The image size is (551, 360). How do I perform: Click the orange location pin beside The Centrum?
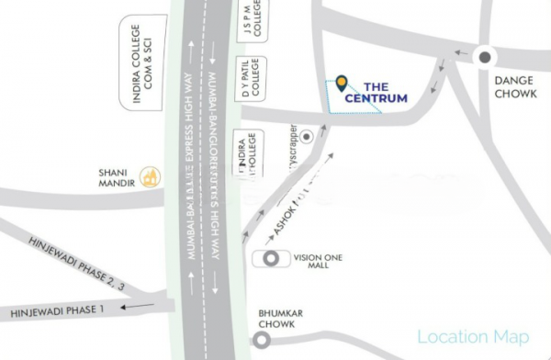coord(341,84)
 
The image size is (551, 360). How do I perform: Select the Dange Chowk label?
coord(513,88)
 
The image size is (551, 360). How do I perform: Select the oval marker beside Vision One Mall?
coord(273,258)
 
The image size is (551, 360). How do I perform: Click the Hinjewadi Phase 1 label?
coord(58,311)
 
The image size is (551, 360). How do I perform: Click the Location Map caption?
coord(474,337)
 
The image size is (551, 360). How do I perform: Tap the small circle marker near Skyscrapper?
coord(309,135)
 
